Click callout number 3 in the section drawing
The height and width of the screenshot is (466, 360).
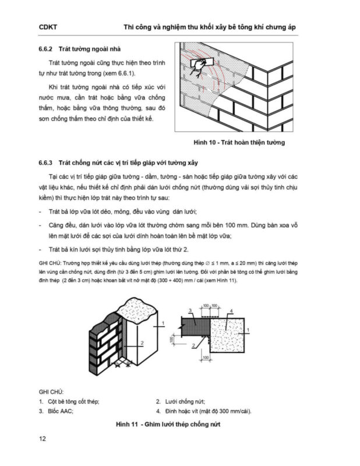189,311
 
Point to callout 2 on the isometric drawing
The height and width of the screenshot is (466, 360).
142,343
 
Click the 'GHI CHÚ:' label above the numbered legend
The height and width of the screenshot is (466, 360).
51,391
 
